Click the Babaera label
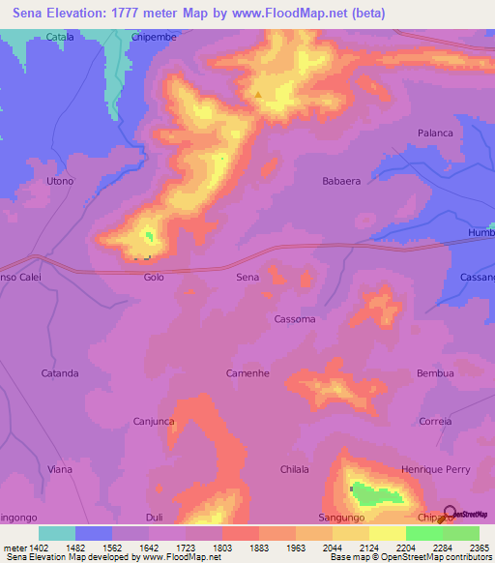tap(341, 181)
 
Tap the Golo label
tap(154, 278)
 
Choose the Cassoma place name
tap(295, 319)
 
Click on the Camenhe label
tap(247, 373)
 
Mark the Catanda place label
tap(60, 373)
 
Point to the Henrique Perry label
tap(435, 470)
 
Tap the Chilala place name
tap(294, 470)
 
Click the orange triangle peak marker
tap(259, 95)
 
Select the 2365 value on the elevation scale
tap(480, 548)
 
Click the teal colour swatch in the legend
tap(57, 533)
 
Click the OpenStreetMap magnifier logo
tap(451, 513)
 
